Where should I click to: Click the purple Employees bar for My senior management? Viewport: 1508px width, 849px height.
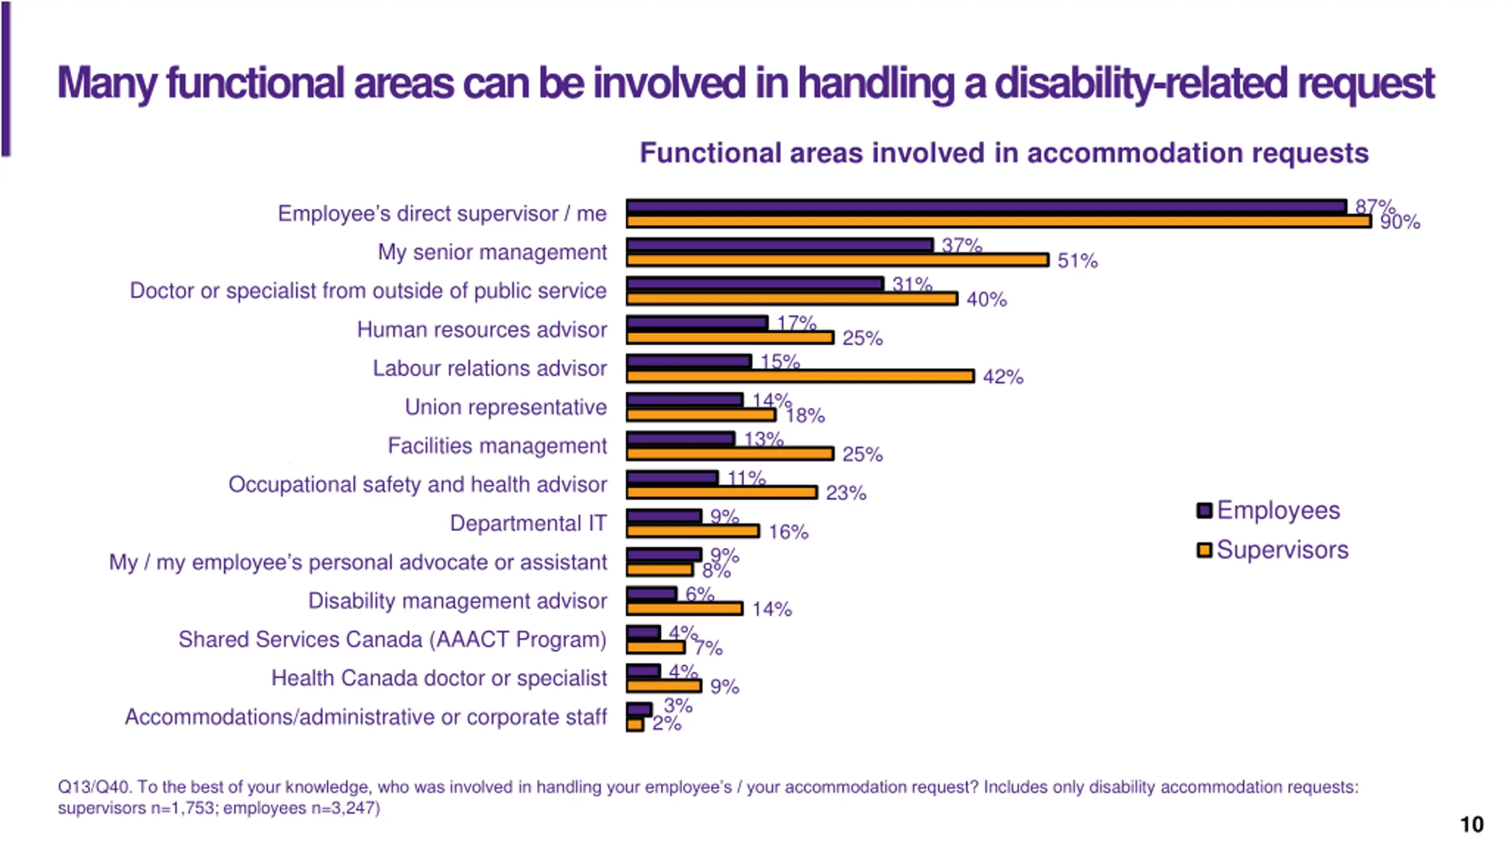pyautogui.click(x=779, y=245)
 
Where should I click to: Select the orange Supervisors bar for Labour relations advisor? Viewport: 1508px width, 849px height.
pyautogui.click(x=800, y=376)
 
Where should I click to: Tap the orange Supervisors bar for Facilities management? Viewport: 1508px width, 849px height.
pyautogui.click(x=730, y=453)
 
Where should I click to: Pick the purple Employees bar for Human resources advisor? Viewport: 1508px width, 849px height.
pyautogui.click(x=697, y=322)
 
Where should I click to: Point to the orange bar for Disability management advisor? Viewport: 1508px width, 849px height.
pyautogui.click(x=684, y=608)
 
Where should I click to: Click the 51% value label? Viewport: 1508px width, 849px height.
pyautogui.click(x=1077, y=261)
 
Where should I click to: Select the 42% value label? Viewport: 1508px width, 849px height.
pyautogui.click(x=1003, y=377)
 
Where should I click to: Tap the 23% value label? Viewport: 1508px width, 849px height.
pyautogui.click(x=846, y=493)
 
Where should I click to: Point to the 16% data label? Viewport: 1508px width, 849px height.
pyautogui.click(x=788, y=532)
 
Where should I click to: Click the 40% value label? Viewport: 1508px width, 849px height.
pyautogui.click(x=987, y=300)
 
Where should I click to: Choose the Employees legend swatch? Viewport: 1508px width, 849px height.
pyautogui.click(x=1204, y=511)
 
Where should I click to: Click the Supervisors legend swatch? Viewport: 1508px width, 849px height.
pyautogui.click(x=1204, y=550)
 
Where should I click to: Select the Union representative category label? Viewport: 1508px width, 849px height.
pyautogui.click(x=505, y=407)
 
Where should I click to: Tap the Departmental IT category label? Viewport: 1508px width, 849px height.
pyautogui.click(x=528, y=523)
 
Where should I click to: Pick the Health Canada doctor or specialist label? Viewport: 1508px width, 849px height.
pyautogui.click(x=439, y=678)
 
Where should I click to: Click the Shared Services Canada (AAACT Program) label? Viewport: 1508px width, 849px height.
pyautogui.click(x=392, y=639)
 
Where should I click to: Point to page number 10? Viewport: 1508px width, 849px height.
pyautogui.click(x=1471, y=824)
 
